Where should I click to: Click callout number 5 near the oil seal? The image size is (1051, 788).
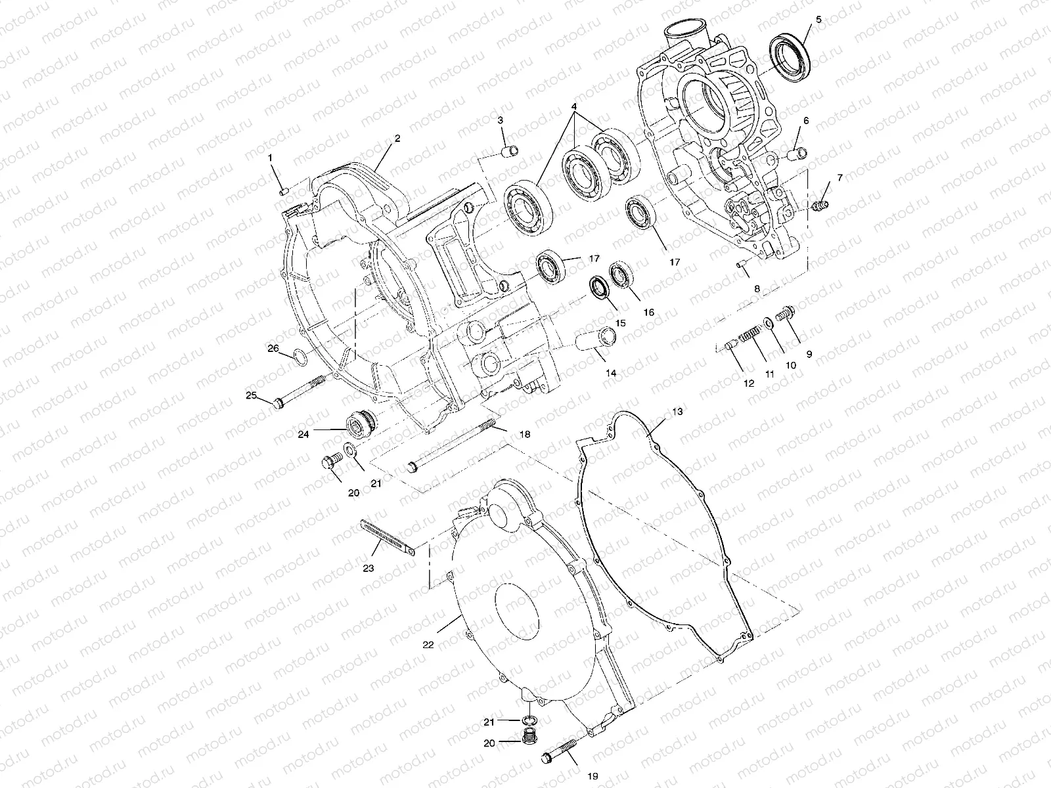pyautogui.click(x=818, y=20)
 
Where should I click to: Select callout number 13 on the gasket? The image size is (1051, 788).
pyautogui.click(x=677, y=412)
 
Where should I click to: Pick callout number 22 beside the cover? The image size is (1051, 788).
pyautogui.click(x=428, y=645)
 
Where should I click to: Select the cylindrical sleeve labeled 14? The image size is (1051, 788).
pyautogui.click(x=596, y=343)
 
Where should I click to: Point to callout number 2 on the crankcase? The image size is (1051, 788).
pyautogui.click(x=397, y=139)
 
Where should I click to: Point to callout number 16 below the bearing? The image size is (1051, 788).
pyautogui.click(x=649, y=313)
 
